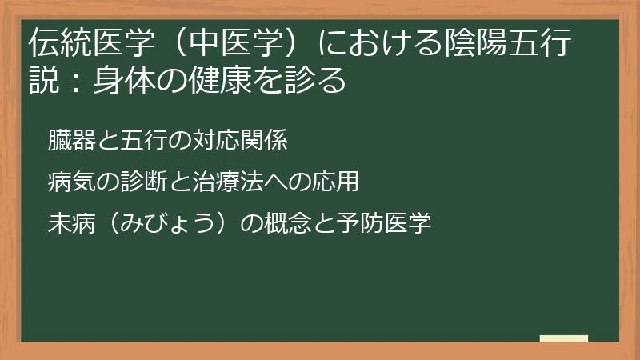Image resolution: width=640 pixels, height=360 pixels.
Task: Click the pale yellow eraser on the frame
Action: (x=563, y=338)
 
